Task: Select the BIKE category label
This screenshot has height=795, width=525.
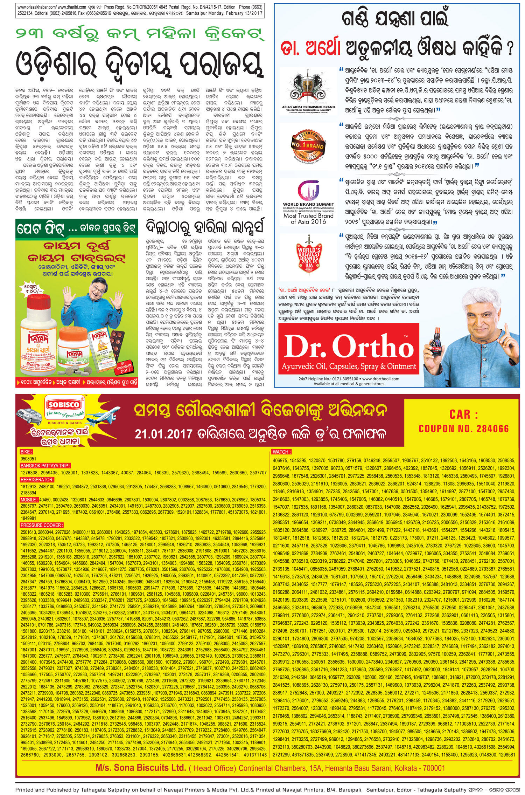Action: [26, 452]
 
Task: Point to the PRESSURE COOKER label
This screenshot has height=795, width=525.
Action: [42, 525]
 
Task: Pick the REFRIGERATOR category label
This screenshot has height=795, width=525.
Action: [36, 480]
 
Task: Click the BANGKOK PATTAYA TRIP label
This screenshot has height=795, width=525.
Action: [45, 466]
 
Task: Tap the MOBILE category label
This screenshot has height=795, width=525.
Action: [29, 500]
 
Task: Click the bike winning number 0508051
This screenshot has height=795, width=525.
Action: [28, 459]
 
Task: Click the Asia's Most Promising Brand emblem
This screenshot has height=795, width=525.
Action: [308, 89]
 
